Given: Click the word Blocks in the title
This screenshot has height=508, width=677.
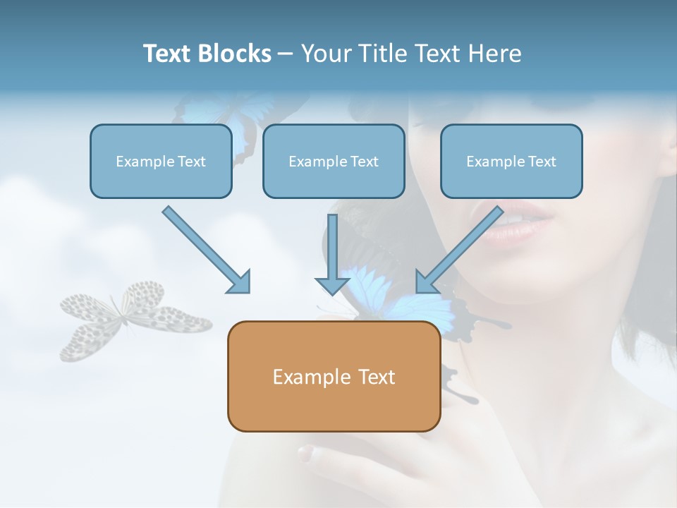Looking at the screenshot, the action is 234,53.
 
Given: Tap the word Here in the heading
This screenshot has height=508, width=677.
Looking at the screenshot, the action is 495,53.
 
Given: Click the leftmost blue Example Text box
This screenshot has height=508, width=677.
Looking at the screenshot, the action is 161,161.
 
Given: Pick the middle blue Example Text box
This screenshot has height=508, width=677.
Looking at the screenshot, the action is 334,161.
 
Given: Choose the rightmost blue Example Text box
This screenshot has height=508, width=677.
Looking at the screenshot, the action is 512,161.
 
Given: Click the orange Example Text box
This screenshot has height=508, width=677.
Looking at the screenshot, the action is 334,376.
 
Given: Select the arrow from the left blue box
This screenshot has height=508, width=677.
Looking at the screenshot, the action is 206,250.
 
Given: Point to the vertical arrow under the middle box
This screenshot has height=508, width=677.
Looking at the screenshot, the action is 332,255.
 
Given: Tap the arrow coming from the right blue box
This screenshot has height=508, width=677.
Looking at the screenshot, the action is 459,250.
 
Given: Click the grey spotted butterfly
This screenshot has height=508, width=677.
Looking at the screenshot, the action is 135,320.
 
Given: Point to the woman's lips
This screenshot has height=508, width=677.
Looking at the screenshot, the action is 514,222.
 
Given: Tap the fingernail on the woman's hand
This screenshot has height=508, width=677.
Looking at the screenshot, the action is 306,453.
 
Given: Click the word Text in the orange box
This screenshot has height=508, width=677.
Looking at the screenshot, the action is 371,377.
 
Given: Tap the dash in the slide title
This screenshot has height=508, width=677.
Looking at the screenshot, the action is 286,54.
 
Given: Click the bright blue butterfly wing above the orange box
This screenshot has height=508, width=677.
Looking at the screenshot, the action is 367,287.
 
